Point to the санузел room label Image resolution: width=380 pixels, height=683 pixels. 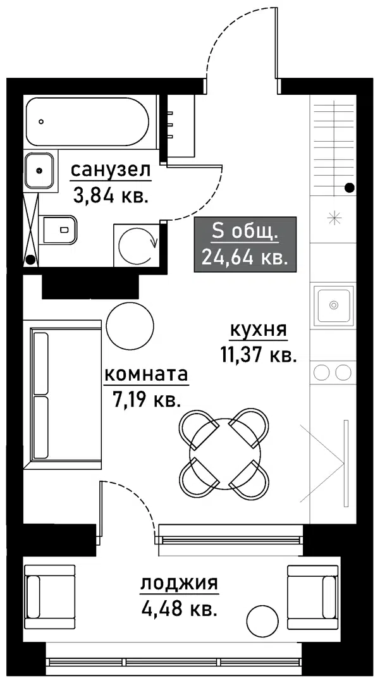(111, 170)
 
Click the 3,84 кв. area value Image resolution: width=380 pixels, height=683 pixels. (111, 195)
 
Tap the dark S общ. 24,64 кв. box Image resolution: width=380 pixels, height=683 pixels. (245, 244)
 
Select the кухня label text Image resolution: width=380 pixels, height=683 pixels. (258, 329)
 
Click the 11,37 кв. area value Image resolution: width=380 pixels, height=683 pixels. (258, 355)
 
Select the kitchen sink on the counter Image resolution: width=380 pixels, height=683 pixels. (333, 305)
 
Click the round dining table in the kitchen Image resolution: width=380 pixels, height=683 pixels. (224, 452)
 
